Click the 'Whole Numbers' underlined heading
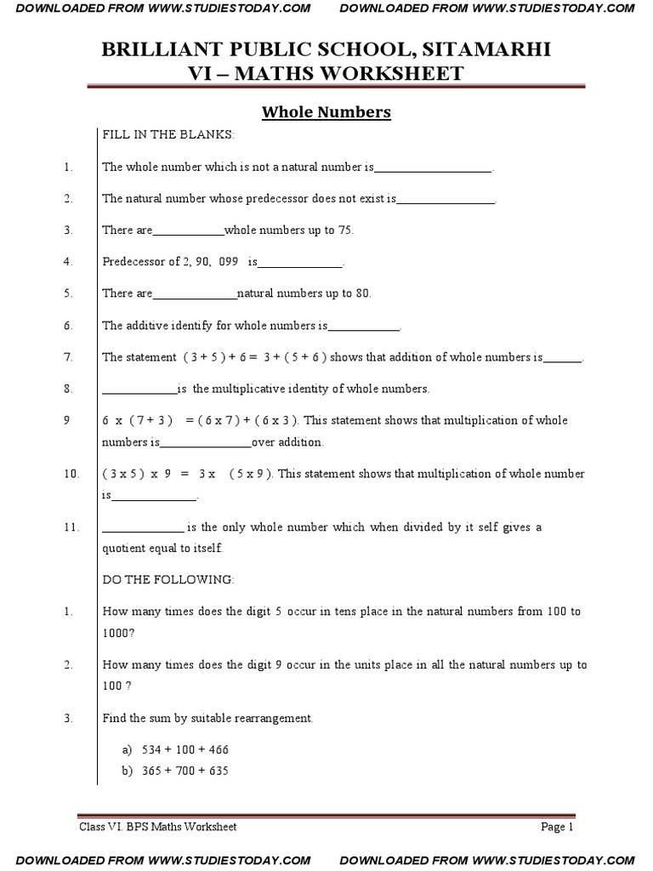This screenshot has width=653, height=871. click(x=326, y=112)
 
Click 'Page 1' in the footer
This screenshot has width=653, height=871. click(x=558, y=826)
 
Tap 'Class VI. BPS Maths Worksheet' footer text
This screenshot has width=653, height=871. click(x=158, y=826)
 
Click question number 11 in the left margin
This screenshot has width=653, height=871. click(x=71, y=527)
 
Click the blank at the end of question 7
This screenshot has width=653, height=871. click(x=562, y=359)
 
